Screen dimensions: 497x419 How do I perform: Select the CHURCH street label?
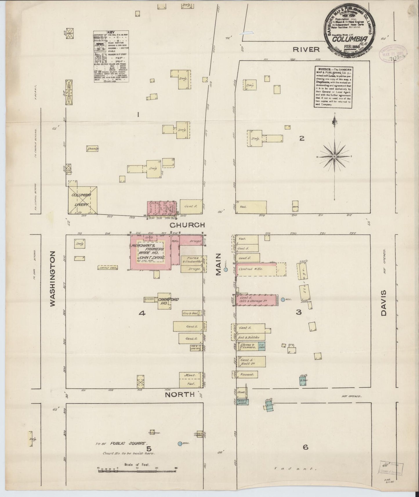(187, 225)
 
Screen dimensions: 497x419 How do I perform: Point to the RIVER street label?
(306, 49)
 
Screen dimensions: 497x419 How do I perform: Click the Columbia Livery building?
(82, 200)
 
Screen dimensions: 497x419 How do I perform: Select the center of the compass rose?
(335, 157)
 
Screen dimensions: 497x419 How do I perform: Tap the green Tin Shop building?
(262, 346)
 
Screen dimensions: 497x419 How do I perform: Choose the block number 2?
(302, 139)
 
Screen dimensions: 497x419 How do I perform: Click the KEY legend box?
(111, 57)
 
